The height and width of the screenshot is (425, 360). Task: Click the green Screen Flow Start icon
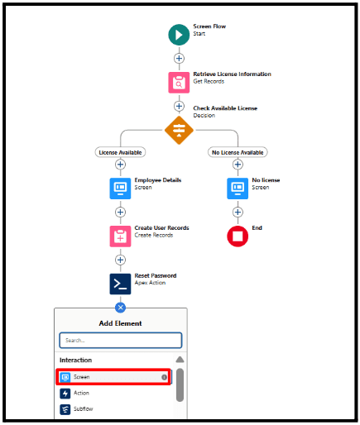coord(179,35)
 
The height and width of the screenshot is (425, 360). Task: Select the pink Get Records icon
coord(179,83)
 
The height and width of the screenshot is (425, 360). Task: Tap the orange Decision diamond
coord(179,130)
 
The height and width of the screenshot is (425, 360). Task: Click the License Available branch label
coord(120,152)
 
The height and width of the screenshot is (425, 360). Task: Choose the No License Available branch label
coord(238,152)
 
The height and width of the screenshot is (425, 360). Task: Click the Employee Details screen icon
coord(120,189)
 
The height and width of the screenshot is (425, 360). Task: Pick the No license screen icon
coord(238,189)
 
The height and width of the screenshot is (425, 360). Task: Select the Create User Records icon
coord(120,236)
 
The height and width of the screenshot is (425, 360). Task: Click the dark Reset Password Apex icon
coord(120,284)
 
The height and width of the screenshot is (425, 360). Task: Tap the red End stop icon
coord(238,236)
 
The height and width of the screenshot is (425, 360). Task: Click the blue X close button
coord(120,308)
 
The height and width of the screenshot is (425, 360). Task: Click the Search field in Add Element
coord(121,341)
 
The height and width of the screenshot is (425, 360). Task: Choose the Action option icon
coord(65,394)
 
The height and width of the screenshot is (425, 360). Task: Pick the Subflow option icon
coord(65,409)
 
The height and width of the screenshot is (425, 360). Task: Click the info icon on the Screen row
coord(164,377)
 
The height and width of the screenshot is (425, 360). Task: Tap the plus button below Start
coord(179,59)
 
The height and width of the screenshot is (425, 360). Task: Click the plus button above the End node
coord(238,212)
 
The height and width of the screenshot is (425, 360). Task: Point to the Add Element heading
coord(120,323)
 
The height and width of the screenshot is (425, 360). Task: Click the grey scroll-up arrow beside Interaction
coord(180,360)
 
